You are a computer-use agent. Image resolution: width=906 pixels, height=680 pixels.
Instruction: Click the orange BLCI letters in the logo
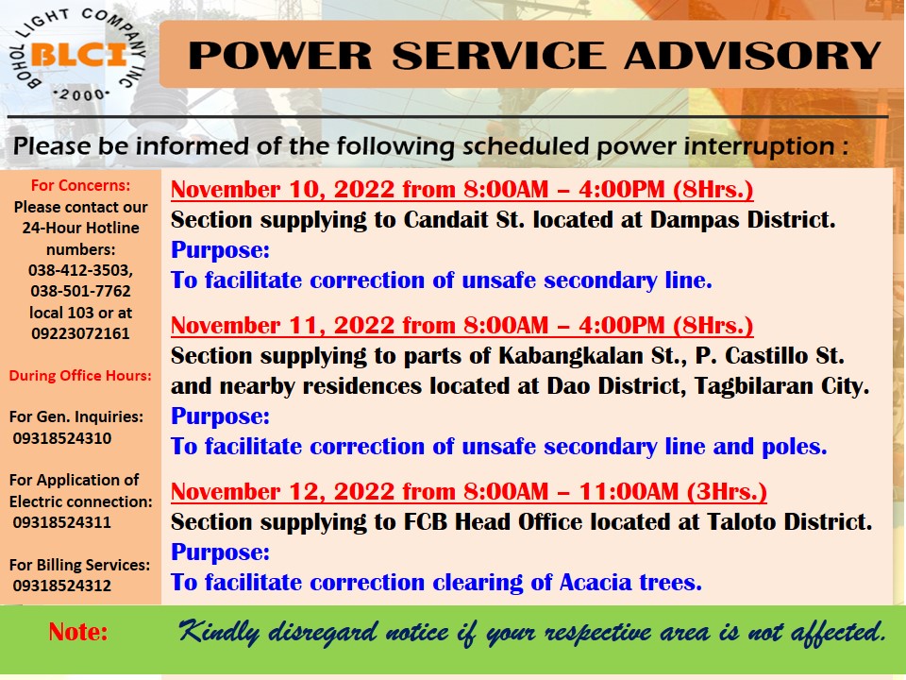[78, 55]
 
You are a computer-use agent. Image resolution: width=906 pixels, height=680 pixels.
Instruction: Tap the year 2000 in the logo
[81, 94]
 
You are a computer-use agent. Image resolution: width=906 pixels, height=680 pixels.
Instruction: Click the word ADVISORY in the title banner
[752, 56]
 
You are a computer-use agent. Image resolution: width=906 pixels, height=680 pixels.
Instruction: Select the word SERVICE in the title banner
[498, 56]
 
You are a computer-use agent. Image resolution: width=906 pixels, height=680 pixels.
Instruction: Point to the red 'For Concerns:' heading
[80, 186]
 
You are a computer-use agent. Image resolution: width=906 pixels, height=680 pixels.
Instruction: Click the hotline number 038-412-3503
[80, 271]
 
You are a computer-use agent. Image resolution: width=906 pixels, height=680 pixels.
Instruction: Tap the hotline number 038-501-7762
[80, 292]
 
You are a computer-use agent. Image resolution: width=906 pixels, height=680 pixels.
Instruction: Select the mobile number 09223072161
[80, 333]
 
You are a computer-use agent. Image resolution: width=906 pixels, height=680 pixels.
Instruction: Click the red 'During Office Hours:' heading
[80, 376]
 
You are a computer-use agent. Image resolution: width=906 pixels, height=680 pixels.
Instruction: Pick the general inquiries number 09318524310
[62, 438]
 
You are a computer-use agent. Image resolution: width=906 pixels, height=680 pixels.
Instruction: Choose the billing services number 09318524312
[62, 586]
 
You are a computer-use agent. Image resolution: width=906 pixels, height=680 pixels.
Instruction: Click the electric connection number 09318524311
[62, 522]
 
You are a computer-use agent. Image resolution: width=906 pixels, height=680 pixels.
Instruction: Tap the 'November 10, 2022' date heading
[282, 190]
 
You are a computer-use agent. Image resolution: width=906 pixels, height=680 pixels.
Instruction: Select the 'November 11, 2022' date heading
[282, 326]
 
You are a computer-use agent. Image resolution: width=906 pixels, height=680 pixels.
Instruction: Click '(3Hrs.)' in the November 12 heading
[727, 491]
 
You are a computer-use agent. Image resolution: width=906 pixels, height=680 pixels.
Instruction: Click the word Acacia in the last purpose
[595, 583]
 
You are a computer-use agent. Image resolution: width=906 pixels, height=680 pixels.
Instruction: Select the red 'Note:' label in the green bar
[78, 632]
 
